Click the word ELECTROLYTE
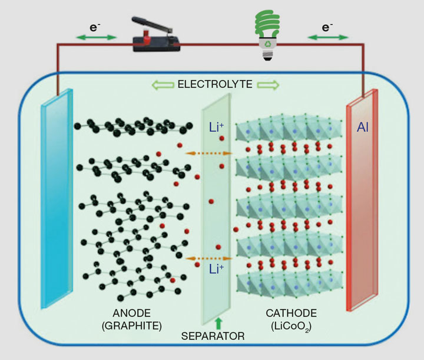coord(215,84)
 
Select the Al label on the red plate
coord(363,126)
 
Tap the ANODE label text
coord(128,313)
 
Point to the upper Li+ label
coord(216,127)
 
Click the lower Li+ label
coord(216,270)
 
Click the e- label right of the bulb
coord(327,26)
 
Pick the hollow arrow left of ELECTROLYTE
coord(163,85)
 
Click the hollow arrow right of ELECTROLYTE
coord(268,85)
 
